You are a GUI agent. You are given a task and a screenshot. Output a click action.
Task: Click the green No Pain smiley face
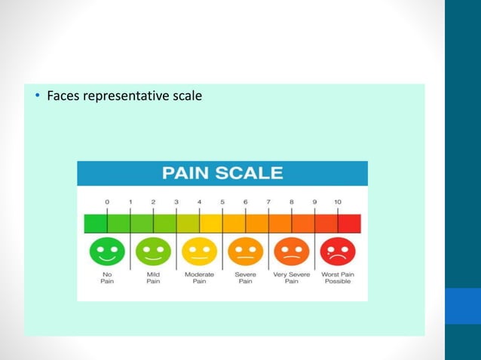pos(107,251)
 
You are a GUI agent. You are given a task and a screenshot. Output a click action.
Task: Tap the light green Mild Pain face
pos(153,251)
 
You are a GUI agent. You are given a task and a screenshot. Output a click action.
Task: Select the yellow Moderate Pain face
pos(199,251)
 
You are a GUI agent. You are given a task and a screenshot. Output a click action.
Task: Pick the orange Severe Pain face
pos(245,251)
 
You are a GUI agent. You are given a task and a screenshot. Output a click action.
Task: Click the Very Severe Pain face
pos(291,251)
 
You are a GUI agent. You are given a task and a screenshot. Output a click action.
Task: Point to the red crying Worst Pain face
pos(337,251)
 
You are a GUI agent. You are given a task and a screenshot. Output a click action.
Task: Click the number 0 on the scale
pos(107,202)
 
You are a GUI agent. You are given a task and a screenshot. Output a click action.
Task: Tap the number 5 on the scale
pos(222,202)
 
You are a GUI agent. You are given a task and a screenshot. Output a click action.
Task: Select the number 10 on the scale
pos(337,202)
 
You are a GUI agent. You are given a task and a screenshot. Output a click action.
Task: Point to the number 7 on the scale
pos(268,202)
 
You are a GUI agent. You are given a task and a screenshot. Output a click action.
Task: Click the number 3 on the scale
pos(176,202)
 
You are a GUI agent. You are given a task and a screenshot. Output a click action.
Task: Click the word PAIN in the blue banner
pos(188,173)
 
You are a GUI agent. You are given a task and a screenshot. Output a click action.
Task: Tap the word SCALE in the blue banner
pos(252,173)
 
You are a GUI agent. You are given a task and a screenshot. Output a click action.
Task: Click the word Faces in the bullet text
pos(63,96)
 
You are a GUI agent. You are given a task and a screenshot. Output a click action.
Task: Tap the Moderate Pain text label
pos(199,278)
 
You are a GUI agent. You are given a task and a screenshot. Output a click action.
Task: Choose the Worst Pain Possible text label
pos(337,278)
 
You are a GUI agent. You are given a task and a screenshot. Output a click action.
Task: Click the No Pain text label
pos(107,278)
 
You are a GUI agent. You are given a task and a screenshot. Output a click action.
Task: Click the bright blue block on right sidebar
pos(463,306)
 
